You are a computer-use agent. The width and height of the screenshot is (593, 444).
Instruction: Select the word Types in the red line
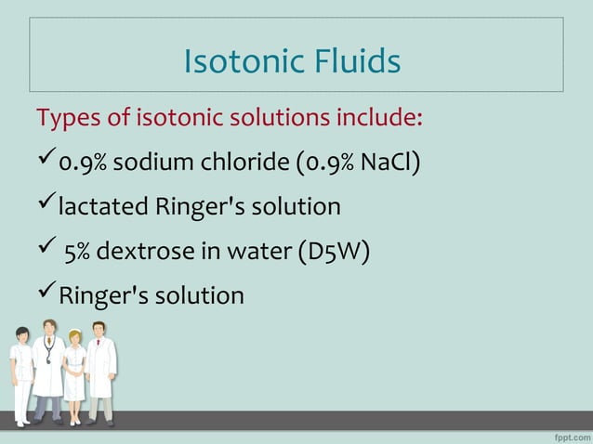63,119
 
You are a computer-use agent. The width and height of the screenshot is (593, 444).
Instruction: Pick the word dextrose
150,252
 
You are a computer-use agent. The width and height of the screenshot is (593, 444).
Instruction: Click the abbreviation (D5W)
335,252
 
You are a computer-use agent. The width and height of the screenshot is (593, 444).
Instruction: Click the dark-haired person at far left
20,372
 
